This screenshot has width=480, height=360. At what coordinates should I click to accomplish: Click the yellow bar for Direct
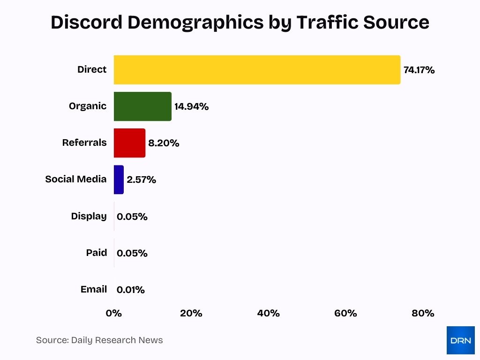[x=257, y=70]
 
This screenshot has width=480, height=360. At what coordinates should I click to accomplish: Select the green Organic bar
[x=142, y=106]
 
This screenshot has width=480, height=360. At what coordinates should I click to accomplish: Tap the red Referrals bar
[x=129, y=143]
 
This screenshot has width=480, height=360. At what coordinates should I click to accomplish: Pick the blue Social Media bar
[x=119, y=180]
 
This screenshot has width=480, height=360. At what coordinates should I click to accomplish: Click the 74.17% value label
[x=419, y=70]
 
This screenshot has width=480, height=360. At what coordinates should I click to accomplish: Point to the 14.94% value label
[x=191, y=107]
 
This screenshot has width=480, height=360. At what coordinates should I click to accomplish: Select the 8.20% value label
[x=164, y=143]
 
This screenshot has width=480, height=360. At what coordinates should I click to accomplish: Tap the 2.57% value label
[x=141, y=180]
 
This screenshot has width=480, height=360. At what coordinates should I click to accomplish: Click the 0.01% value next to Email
[x=131, y=290]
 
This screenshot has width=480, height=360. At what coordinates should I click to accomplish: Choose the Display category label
[x=89, y=216]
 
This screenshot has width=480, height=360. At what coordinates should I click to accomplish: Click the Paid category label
[x=96, y=253]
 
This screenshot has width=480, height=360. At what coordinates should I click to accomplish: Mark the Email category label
[x=93, y=289]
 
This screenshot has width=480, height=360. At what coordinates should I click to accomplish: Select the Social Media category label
[x=75, y=180]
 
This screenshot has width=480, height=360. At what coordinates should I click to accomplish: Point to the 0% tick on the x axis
[x=114, y=313]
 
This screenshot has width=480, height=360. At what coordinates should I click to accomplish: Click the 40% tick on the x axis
[x=268, y=313]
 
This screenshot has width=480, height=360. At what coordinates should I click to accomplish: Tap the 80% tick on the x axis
[x=423, y=313]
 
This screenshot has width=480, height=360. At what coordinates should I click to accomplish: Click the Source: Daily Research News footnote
[x=99, y=340]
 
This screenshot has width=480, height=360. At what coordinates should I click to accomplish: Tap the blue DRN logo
[x=460, y=340]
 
